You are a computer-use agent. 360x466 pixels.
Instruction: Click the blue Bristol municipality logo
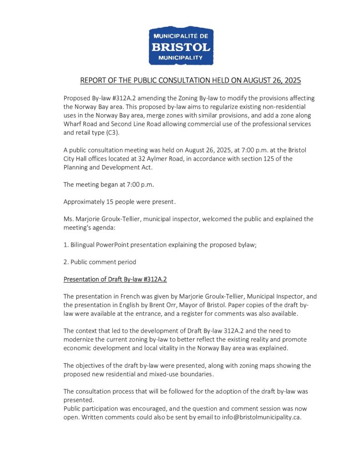(x=181, y=46)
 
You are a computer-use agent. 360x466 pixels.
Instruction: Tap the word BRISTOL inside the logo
(x=181, y=47)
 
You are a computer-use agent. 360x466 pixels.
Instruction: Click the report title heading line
(x=190, y=81)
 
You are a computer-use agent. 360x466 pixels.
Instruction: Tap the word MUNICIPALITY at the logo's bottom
(x=181, y=58)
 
